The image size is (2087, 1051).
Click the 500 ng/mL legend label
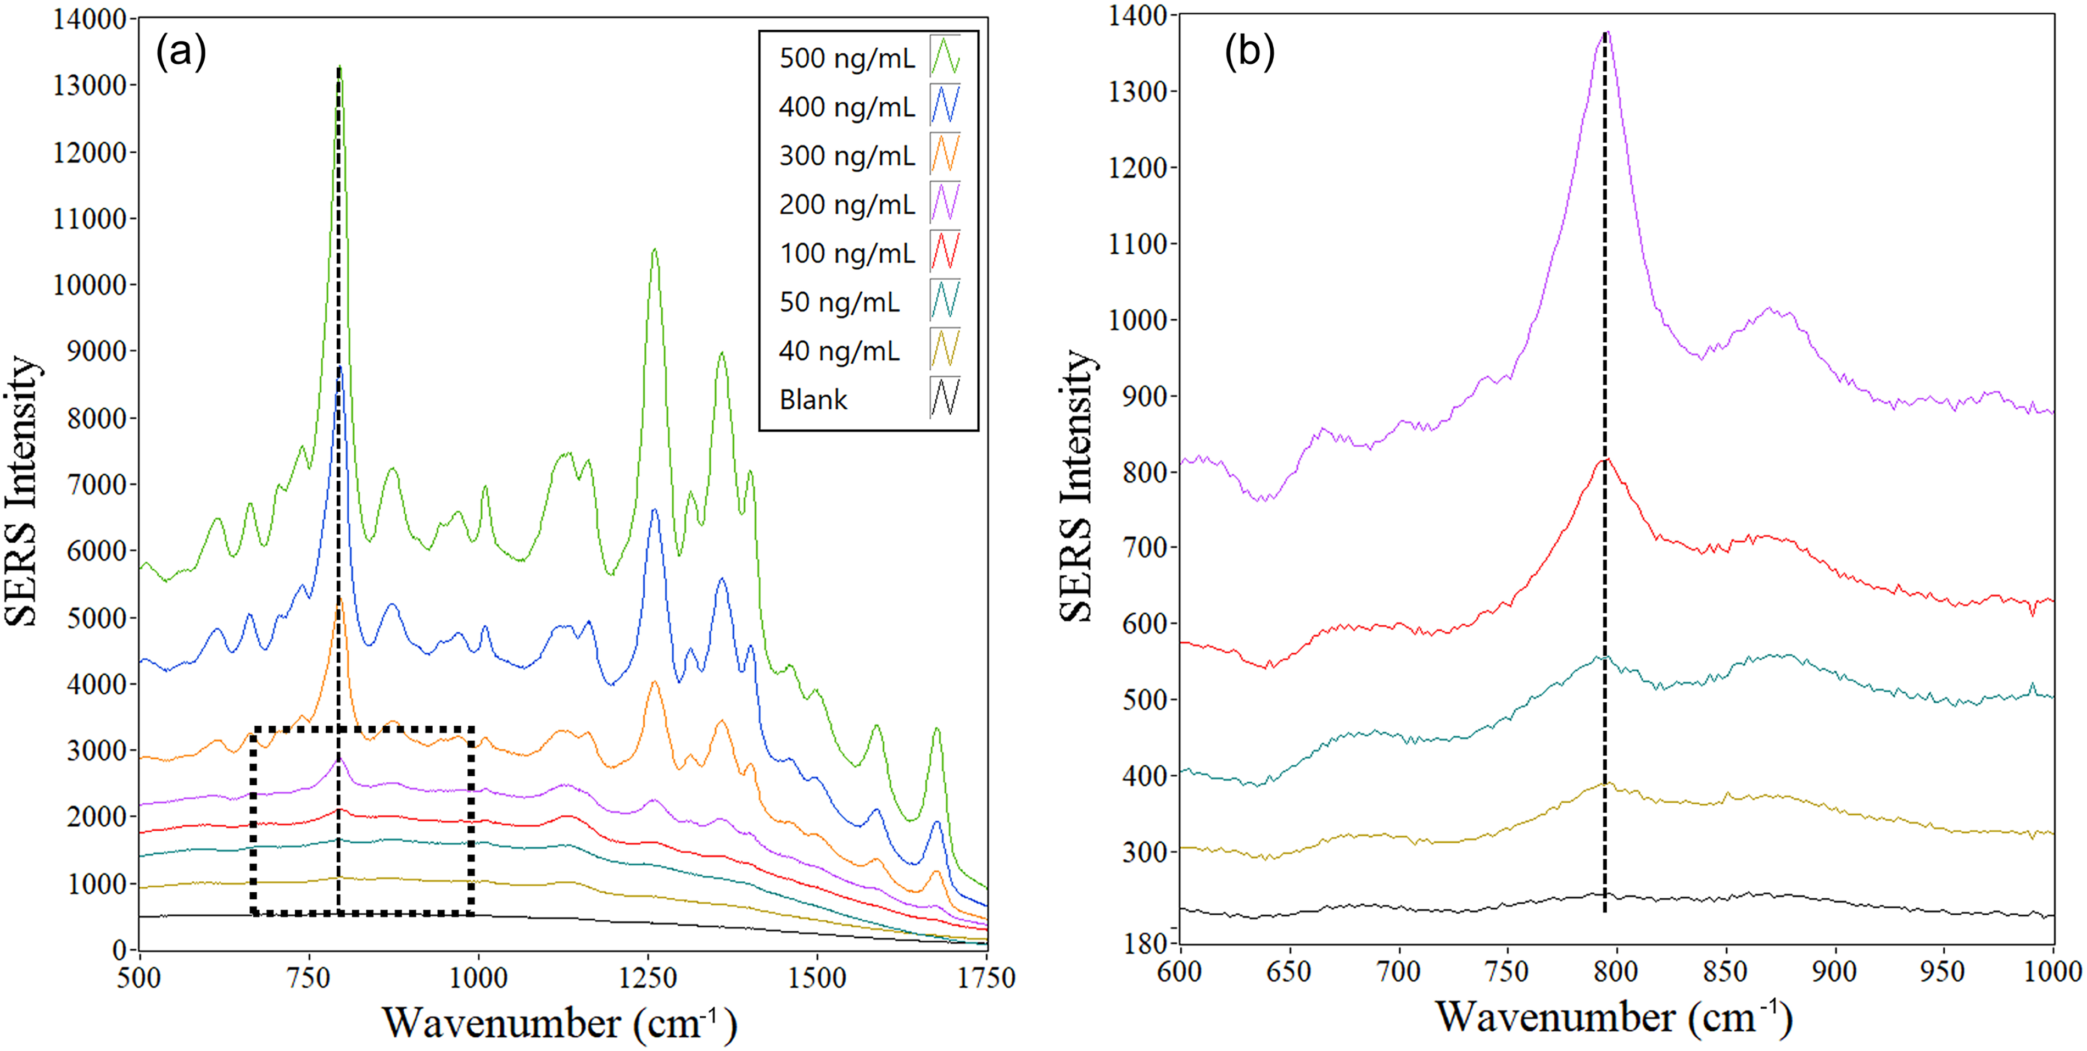847,58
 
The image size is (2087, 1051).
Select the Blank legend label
813,399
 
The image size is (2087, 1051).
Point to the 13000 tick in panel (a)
90,85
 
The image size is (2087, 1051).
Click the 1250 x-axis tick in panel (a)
648,977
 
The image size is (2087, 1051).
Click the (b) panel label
1249,52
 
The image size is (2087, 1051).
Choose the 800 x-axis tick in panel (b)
1616,971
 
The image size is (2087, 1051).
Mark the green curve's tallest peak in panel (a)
339,66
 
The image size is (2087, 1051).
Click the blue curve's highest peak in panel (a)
341,367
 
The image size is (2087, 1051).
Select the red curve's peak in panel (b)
1606,459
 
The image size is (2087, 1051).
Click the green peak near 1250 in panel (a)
654,249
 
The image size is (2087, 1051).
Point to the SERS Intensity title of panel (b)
1078,486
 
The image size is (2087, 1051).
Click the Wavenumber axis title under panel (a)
560,1022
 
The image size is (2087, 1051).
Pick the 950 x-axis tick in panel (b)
1943,971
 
